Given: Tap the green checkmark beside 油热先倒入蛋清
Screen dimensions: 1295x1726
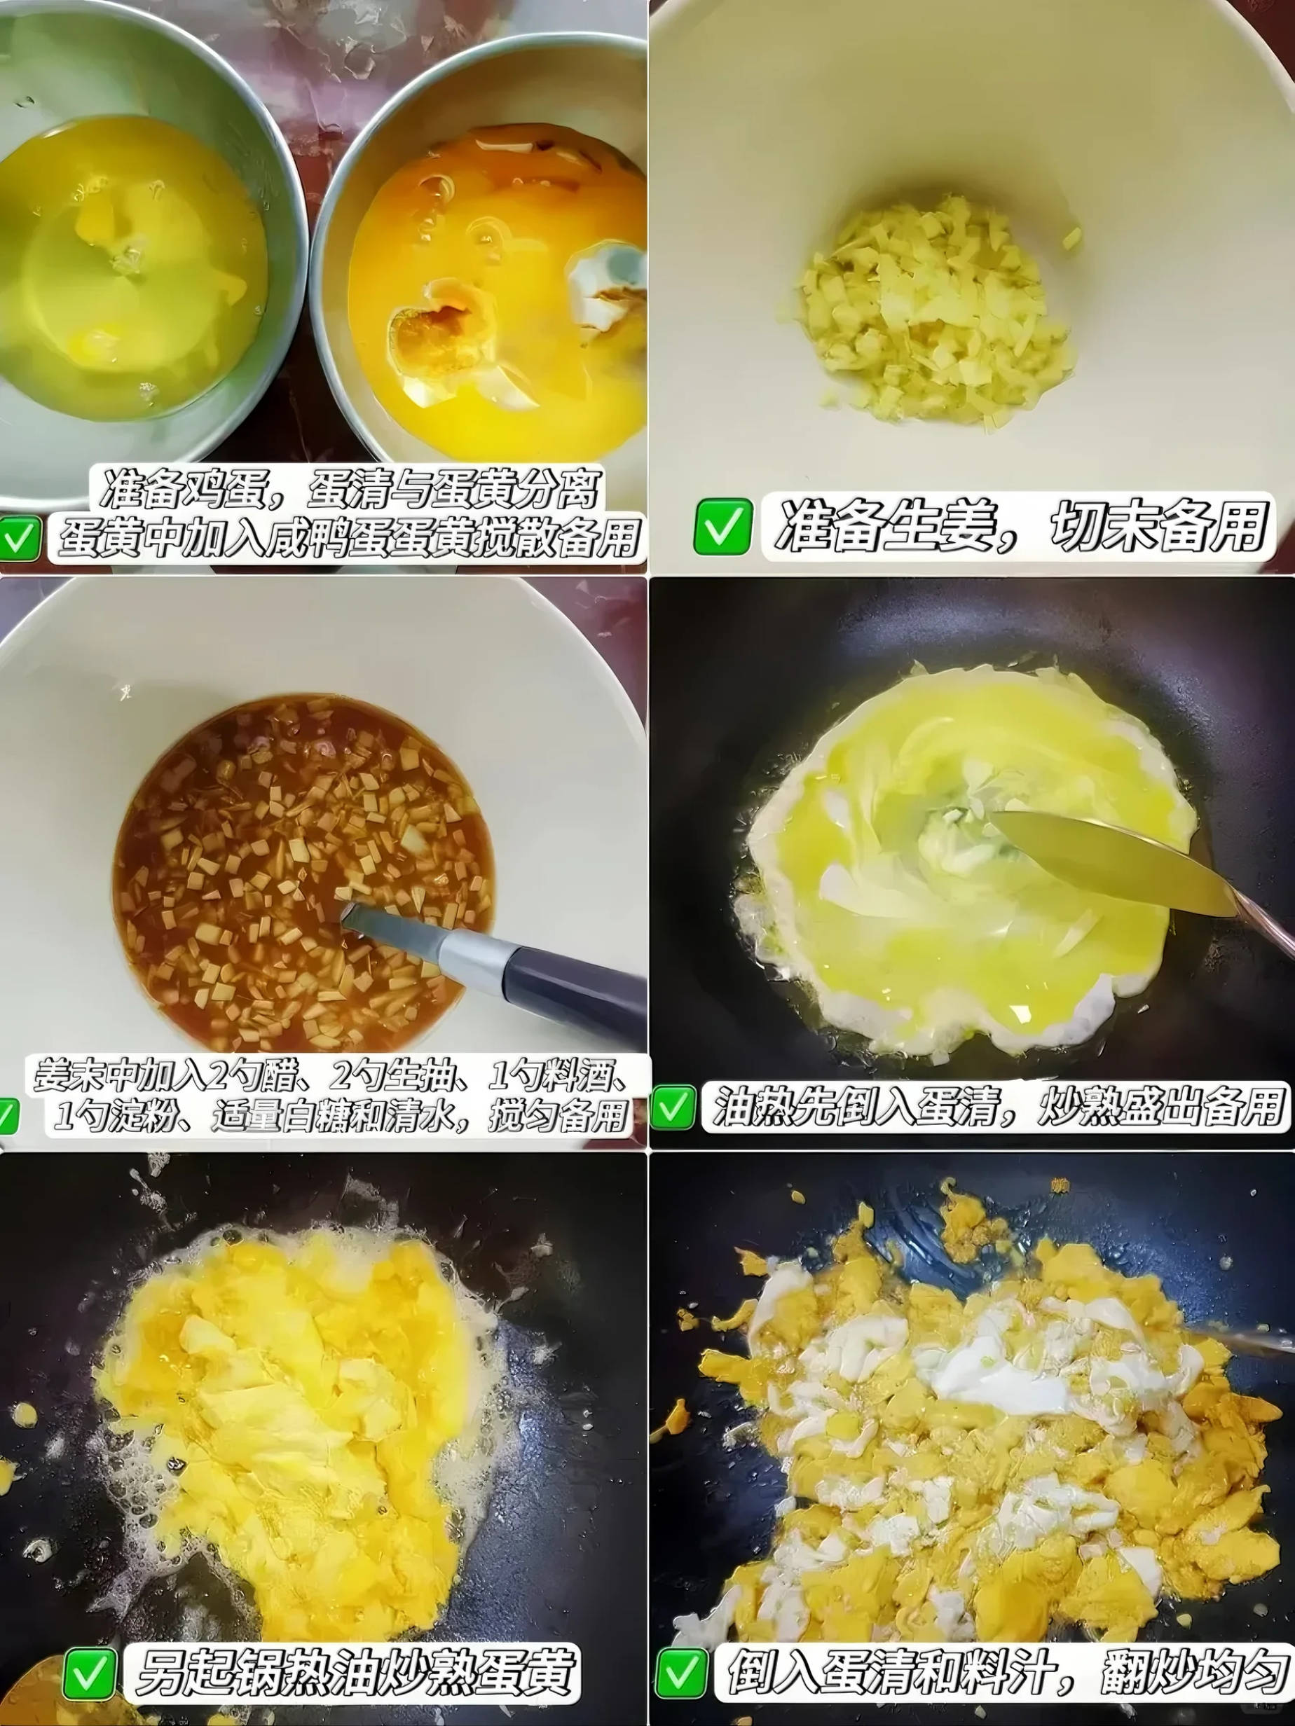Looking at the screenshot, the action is (x=672, y=1107).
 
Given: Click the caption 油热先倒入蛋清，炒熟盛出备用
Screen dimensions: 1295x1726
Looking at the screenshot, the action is (x=993, y=1107).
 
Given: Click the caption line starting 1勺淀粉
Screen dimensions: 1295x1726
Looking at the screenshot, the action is (x=341, y=1117).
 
